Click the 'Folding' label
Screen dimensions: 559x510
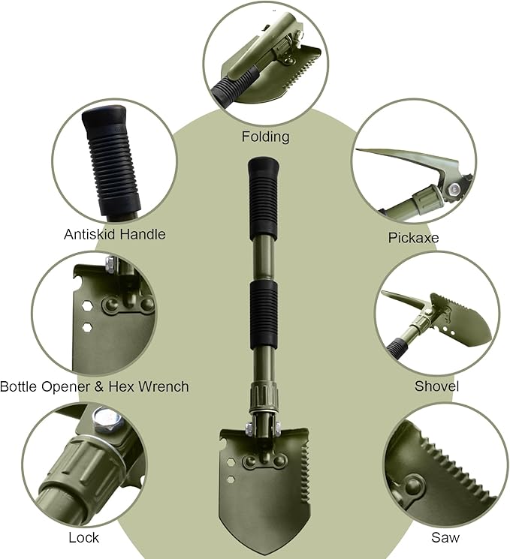tap(265, 137)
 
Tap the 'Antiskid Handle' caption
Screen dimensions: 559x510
tap(114, 234)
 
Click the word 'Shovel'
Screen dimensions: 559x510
tap(436, 386)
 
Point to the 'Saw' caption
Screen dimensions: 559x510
tap(445, 537)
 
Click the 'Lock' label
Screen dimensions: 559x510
tap(83, 537)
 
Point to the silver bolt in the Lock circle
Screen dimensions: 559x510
tap(101, 418)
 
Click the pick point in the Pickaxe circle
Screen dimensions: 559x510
tap(361, 152)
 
